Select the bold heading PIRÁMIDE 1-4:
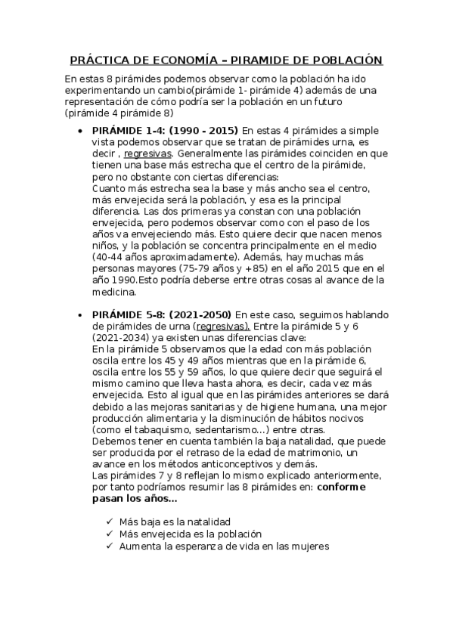tap(127, 130)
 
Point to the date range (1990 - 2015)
tap(203, 130)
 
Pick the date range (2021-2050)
tap(201, 314)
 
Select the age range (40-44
tap(108, 256)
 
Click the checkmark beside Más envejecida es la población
tap(110, 534)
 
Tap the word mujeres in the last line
tap(309, 546)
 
